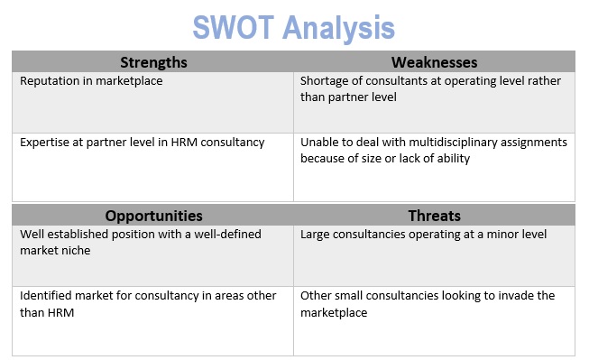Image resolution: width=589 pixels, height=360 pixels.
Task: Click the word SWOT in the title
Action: [234, 27]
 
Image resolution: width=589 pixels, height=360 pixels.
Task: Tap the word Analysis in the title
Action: [338, 29]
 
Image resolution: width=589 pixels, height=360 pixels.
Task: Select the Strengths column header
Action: [153, 62]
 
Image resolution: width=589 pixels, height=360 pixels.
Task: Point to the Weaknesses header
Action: [434, 62]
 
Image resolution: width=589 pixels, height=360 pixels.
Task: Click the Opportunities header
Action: [153, 216]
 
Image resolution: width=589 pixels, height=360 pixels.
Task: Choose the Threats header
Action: [434, 216]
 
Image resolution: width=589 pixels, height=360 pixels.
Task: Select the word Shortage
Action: [324, 81]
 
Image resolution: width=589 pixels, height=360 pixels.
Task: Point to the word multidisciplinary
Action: [453, 143]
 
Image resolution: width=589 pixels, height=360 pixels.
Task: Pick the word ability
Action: [454, 159]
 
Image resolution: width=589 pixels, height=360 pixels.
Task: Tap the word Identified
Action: [46, 296]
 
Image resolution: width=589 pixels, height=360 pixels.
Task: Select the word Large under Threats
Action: [315, 235]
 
